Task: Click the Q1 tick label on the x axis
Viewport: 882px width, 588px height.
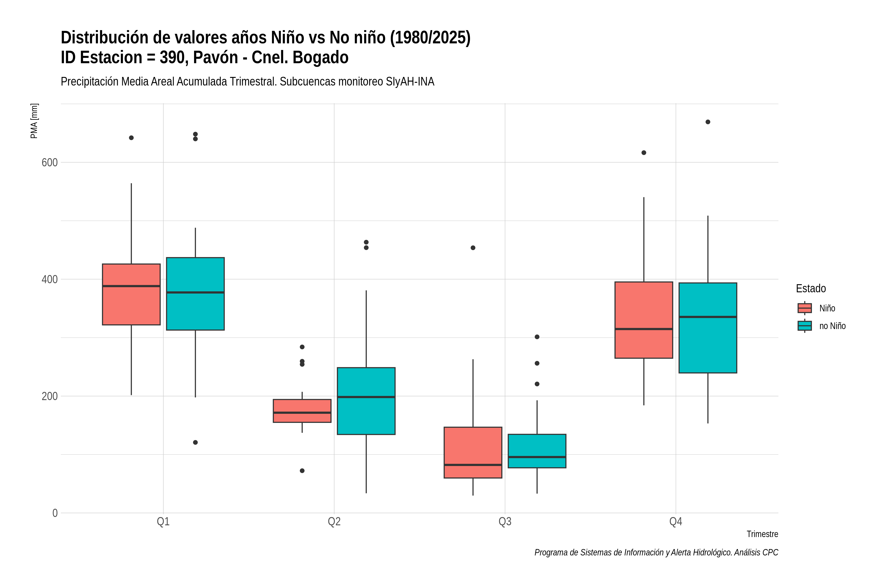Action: point(163,522)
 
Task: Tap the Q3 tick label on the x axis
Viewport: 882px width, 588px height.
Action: point(505,522)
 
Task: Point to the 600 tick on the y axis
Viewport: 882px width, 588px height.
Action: point(49,162)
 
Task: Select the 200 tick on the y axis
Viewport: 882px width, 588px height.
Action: point(49,396)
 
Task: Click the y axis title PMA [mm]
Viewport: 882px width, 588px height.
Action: point(34,121)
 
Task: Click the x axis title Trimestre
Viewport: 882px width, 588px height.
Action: point(762,534)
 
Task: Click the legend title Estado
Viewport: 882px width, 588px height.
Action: point(811,288)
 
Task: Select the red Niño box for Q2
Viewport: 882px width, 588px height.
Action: point(302,411)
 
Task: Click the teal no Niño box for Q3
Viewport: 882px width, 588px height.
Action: point(537,451)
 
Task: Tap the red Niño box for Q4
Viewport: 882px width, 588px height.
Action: point(644,320)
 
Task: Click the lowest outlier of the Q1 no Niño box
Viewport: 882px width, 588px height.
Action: point(195,442)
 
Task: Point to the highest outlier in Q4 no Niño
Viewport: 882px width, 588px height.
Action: point(708,122)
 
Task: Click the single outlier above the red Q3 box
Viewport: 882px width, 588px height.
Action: point(473,248)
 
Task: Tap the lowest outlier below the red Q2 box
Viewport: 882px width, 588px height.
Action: point(302,471)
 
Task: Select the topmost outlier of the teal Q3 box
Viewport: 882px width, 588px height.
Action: point(537,337)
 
